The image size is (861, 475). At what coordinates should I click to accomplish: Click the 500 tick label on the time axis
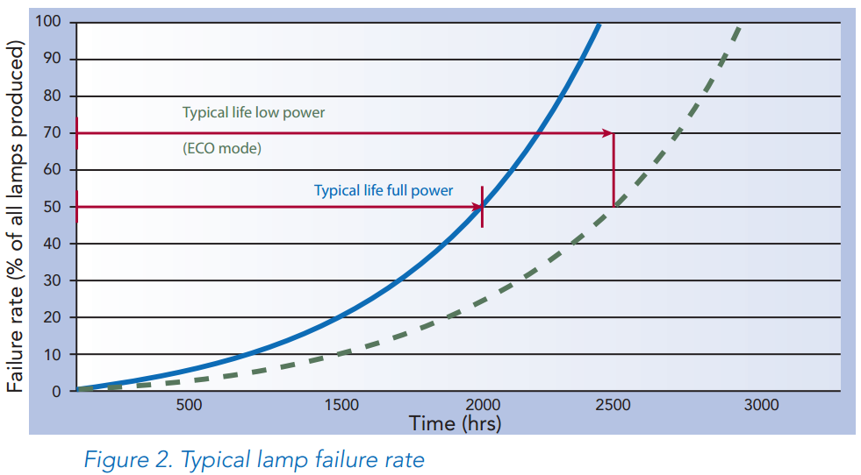pyautogui.click(x=189, y=405)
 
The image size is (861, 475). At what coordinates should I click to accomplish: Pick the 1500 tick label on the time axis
pyautogui.click(x=341, y=405)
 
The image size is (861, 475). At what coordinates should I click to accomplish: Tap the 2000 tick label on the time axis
pyautogui.click(x=483, y=405)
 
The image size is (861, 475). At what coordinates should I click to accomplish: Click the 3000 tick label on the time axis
pyautogui.click(x=761, y=405)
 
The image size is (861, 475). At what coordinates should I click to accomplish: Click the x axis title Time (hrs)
pyautogui.click(x=455, y=423)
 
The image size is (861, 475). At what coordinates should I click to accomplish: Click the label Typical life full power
pyautogui.click(x=384, y=190)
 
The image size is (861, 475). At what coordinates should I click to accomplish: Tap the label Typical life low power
pyautogui.click(x=254, y=113)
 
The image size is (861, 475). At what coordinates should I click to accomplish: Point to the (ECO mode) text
pyautogui.click(x=222, y=149)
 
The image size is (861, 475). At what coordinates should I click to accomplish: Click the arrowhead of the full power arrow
pyautogui.click(x=477, y=207)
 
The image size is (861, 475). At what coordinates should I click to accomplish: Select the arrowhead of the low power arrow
pyautogui.click(x=607, y=133)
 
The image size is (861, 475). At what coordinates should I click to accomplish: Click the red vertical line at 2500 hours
pyautogui.click(x=613, y=170)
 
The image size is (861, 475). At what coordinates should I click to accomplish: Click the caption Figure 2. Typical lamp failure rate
pyautogui.click(x=254, y=460)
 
